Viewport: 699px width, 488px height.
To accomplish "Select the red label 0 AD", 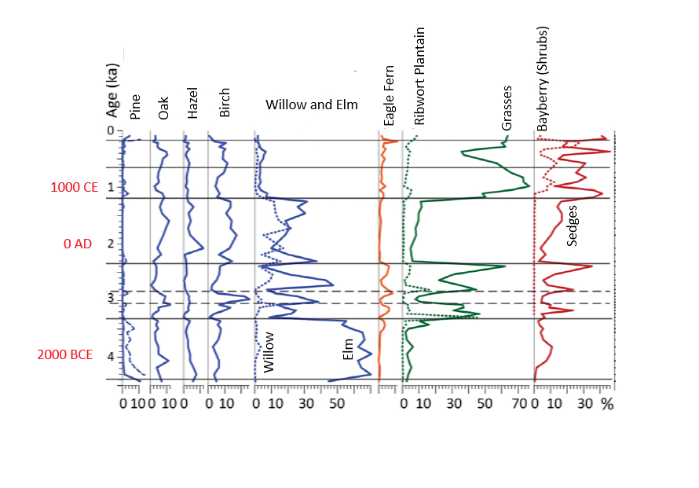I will tap(78, 244).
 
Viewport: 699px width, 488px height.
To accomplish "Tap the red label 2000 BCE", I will tap(65, 355).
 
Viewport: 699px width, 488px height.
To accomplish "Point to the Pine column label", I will tap(135, 106).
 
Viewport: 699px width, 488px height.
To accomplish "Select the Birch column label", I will tap(225, 107).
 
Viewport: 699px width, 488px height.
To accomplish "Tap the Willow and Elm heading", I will tap(311, 105).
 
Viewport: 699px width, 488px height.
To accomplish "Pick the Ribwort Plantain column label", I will tap(419, 76).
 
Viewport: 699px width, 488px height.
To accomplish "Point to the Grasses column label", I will tap(507, 108).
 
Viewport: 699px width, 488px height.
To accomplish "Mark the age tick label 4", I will tap(111, 356).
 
